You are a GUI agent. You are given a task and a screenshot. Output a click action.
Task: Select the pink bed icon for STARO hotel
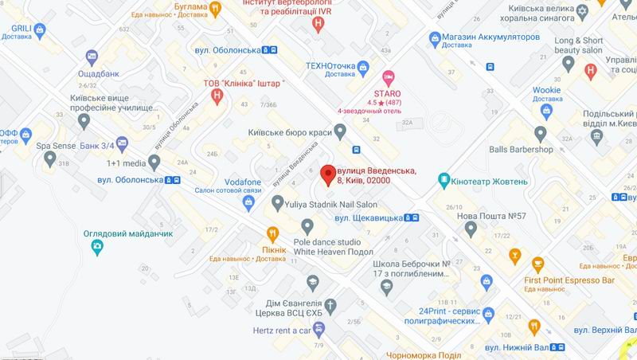(389, 78)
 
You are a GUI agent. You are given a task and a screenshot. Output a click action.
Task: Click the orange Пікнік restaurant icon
(272, 233)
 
